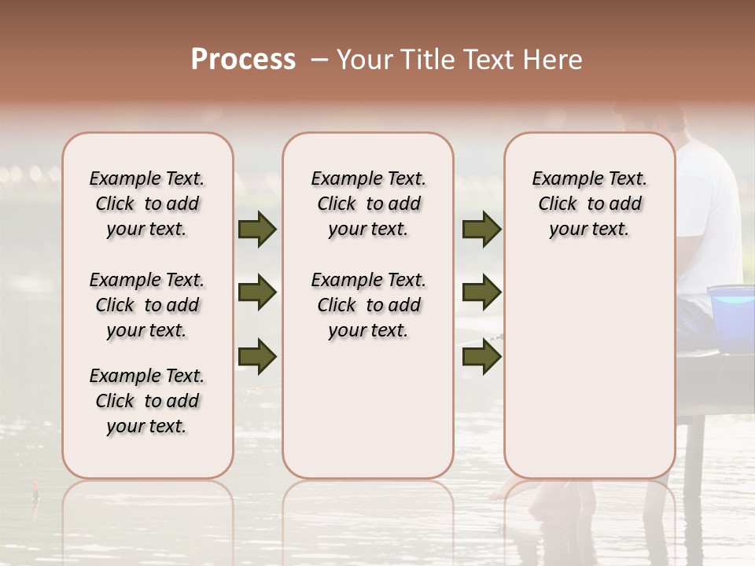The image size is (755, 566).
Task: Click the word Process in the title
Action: (x=243, y=60)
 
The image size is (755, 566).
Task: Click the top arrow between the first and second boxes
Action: (x=257, y=230)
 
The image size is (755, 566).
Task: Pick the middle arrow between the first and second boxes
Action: (x=257, y=293)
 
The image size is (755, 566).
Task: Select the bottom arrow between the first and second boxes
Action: (x=257, y=356)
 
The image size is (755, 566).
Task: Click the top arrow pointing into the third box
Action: (x=481, y=230)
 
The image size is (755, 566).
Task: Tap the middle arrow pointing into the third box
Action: (x=481, y=293)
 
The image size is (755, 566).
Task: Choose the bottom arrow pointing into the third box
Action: (x=481, y=356)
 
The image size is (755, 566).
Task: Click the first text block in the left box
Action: (x=147, y=204)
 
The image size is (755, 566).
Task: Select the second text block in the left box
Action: (x=147, y=305)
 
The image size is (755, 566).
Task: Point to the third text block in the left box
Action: (x=147, y=401)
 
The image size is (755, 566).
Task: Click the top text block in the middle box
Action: (x=369, y=204)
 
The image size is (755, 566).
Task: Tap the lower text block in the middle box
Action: (x=369, y=305)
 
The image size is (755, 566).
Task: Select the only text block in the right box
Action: (x=590, y=204)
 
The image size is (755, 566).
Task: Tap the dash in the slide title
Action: (x=319, y=60)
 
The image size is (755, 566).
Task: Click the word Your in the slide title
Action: (x=364, y=60)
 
